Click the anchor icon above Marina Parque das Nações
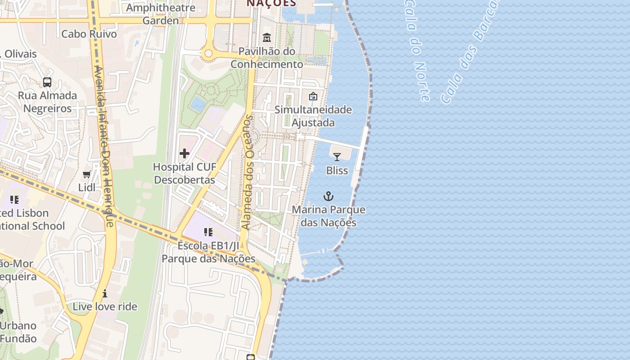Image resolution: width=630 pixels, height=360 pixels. coord(328,196)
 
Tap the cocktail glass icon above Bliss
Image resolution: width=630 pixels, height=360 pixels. coord(337,157)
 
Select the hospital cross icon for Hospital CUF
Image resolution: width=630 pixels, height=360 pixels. coord(184,154)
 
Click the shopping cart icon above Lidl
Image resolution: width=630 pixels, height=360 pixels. coord(87,174)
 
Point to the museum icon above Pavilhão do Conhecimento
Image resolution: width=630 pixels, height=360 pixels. coord(267,37)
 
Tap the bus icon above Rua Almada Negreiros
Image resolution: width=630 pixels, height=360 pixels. coord(47,82)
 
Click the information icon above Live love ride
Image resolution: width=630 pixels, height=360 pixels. coord(105,293)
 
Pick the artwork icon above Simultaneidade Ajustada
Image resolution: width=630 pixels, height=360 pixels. coord(313,96)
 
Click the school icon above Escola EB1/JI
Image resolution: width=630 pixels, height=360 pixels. coord(208,232)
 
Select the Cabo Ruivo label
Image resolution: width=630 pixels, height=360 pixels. coord(89,34)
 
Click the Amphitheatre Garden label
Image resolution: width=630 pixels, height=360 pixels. coord(161,14)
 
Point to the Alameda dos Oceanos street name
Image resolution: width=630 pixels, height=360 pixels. coord(248,173)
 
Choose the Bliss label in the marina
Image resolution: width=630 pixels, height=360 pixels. coord(337,171)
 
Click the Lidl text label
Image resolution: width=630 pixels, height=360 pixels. coord(87,187)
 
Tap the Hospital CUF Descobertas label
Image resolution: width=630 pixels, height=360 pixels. coord(184,173)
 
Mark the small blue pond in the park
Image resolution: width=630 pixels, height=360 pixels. coord(198,104)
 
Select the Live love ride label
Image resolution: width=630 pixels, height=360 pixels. coord(105,306)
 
